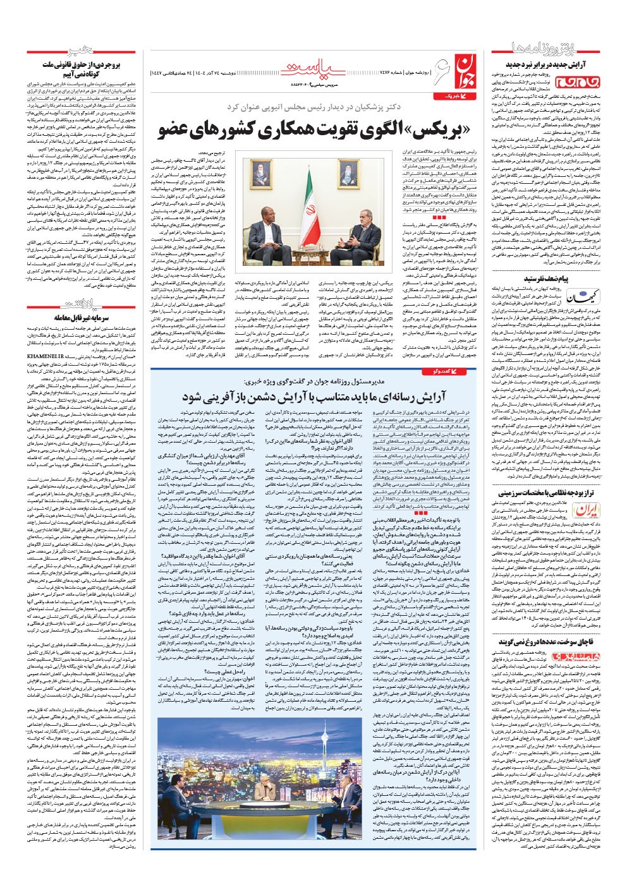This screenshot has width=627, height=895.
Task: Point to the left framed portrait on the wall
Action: pyautogui.click(x=260, y=172)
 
